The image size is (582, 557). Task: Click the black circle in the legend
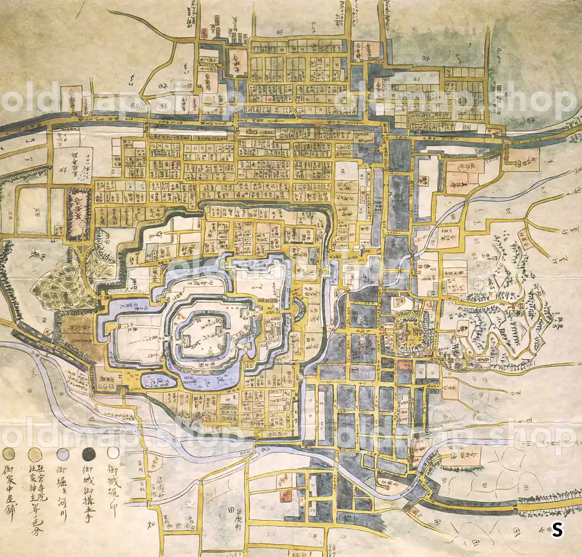(x=89, y=454)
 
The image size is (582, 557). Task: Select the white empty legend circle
(x=113, y=453)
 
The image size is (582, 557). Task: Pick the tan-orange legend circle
(x=34, y=454)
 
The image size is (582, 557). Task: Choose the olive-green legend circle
(x=7, y=454)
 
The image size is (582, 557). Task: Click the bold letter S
(x=557, y=530)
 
